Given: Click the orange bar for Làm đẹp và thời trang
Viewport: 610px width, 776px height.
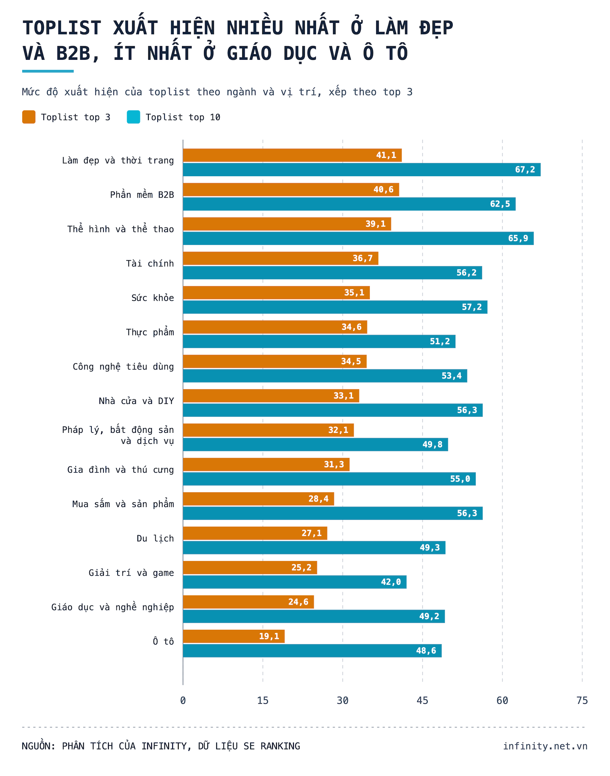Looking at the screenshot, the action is (x=292, y=155).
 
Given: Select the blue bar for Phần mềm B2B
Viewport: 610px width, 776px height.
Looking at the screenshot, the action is (x=349, y=204).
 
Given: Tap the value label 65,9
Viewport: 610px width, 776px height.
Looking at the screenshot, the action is (x=518, y=238).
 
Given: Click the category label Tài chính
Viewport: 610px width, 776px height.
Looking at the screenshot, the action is (x=150, y=264).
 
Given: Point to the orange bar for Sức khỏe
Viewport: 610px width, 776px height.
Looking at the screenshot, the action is (x=277, y=293).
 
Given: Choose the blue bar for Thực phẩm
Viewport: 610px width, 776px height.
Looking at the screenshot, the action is (x=319, y=342).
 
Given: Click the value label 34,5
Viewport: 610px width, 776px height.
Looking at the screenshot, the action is (x=351, y=361).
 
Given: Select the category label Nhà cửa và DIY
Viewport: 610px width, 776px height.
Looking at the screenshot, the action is (x=136, y=401).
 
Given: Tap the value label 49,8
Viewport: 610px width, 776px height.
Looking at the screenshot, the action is (x=432, y=445).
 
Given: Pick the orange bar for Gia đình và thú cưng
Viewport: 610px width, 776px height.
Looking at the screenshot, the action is (x=266, y=464).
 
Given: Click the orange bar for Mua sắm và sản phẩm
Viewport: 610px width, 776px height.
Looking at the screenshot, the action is (x=259, y=499).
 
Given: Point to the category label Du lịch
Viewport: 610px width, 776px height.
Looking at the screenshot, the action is (x=155, y=538).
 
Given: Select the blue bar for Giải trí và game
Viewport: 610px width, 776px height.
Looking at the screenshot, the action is (x=295, y=582).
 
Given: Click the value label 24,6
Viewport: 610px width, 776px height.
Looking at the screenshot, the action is (x=298, y=602).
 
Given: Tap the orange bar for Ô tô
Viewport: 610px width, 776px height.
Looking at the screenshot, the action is (x=234, y=636).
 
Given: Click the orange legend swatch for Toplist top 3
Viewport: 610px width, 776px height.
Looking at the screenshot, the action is (x=29, y=117).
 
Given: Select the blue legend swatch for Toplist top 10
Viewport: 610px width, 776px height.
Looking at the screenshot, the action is (x=133, y=117).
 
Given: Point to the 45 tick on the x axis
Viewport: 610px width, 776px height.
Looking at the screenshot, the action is (x=422, y=700).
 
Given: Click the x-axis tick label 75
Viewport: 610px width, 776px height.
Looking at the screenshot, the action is (x=582, y=700).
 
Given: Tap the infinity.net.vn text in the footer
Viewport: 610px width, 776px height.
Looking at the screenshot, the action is (x=545, y=746).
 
